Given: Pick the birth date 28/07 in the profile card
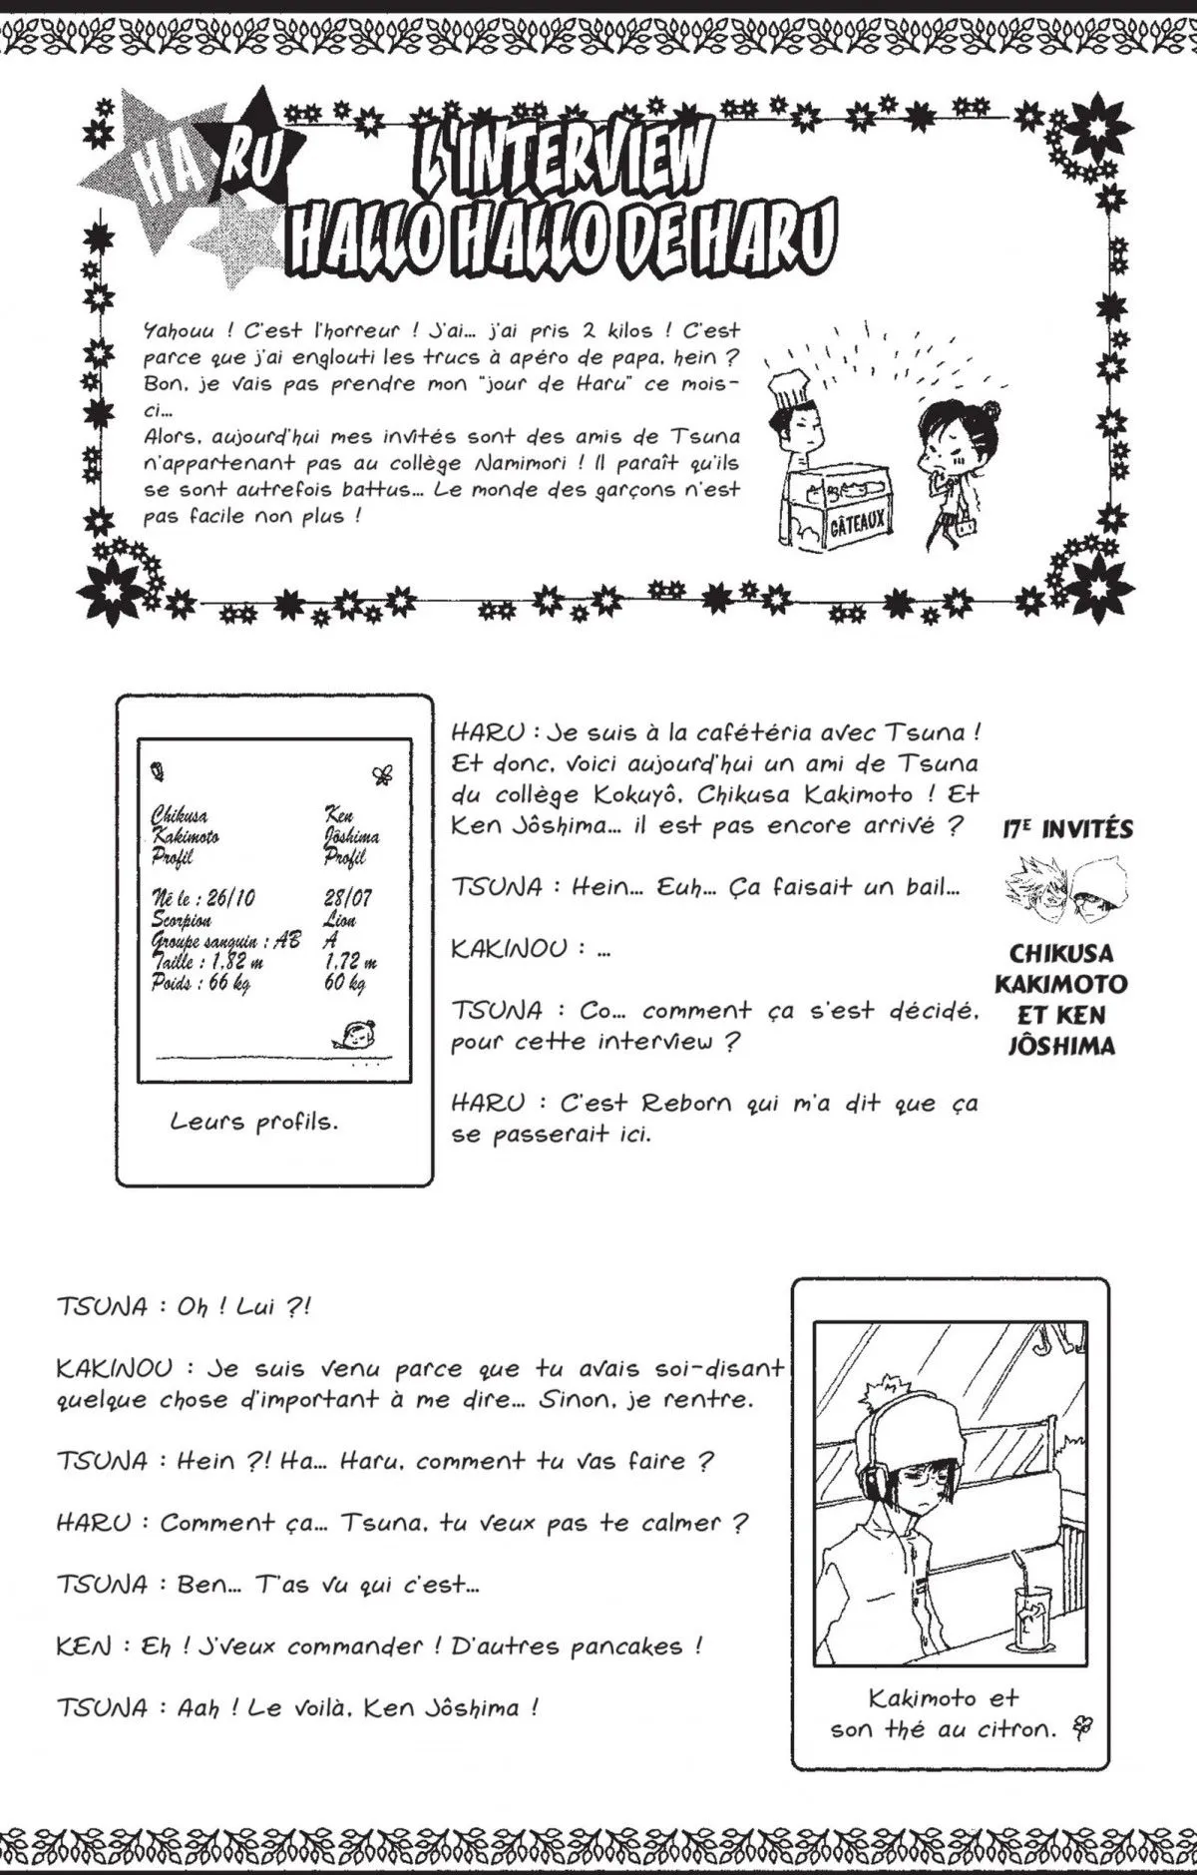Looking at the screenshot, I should click(x=348, y=897).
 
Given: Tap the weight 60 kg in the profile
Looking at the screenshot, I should click(x=345, y=983).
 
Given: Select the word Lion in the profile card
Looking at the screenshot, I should click(x=340, y=919).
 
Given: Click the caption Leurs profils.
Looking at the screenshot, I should click(x=254, y=1122).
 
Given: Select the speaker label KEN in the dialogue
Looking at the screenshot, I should click(x=85, y=1646).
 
